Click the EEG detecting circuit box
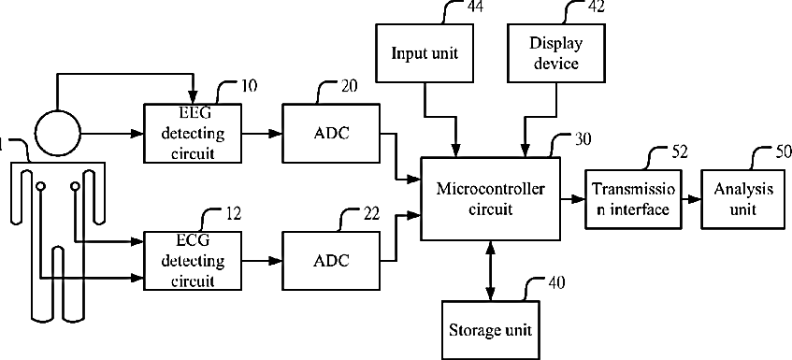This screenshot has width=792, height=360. [x=193, y=133]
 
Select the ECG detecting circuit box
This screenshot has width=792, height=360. [x=193, y=261]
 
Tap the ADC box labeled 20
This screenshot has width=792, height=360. [x=331, y=133]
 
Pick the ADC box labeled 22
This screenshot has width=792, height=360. [x=331, y=261]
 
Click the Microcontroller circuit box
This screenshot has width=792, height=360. [x=491, y=199]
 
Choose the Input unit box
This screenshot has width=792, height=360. [x=425, y=53]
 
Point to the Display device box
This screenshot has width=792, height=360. [x=556, y=53]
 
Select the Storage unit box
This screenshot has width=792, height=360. [x=491, y=330]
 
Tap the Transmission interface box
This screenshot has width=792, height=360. [x=633, y=198]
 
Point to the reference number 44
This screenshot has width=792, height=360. [x=472, y=7]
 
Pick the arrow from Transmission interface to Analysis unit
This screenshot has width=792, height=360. [x=692, y=199]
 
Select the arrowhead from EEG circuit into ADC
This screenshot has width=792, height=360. [x=276, y=134]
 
